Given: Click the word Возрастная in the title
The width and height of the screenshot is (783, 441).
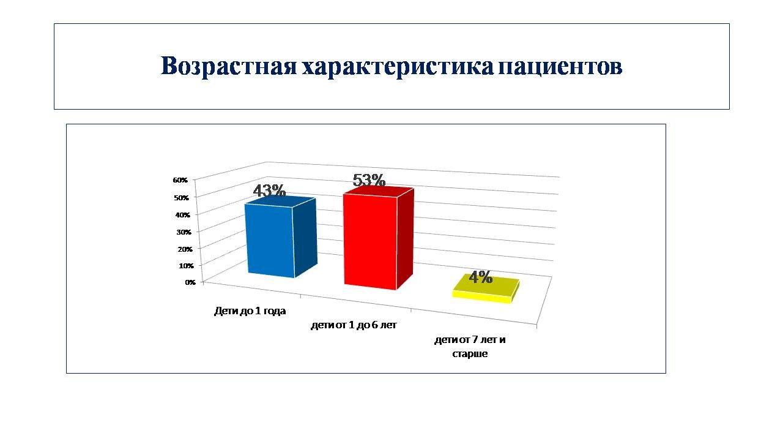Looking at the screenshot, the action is click(229, 66).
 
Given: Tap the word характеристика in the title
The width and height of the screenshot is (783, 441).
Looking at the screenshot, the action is click(398, 66).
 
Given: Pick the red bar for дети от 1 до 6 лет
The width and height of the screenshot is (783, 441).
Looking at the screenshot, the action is click(379, 238).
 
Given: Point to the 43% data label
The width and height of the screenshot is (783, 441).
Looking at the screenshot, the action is click(269, 190).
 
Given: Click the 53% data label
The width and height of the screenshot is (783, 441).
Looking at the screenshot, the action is click(369, 180).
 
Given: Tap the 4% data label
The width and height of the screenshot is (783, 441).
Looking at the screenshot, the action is click(481, 277).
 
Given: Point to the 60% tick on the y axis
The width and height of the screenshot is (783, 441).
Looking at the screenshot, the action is click(180, 180).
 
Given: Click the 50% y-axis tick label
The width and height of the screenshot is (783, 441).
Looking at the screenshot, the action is click(182, 198).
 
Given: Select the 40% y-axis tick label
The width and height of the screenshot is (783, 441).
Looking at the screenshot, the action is click(182, 215).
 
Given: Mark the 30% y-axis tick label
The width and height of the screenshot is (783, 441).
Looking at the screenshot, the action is click(184, 232).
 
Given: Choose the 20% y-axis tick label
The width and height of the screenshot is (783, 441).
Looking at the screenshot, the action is click(185, 249).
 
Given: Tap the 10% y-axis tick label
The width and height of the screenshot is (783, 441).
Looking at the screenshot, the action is click(187, 266).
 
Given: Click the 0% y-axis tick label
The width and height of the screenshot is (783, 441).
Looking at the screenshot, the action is click(190, 282).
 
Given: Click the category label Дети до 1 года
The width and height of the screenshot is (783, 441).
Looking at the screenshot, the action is click(250, 311).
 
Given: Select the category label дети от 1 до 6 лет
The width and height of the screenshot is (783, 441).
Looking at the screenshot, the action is click(354, 325).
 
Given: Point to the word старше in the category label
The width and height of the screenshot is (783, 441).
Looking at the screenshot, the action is click(470, 354).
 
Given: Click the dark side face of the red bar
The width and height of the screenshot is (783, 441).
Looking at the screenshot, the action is click(406, 239).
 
